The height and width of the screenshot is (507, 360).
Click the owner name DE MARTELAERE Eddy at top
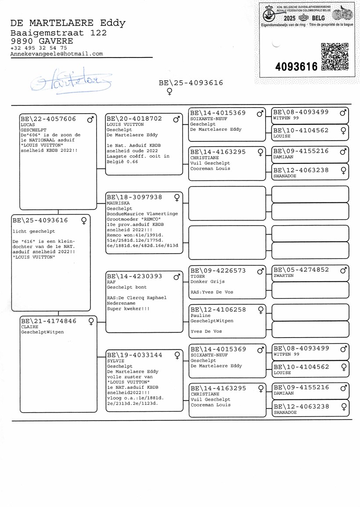point(68,23)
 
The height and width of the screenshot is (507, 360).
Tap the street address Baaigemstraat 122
point(58,33)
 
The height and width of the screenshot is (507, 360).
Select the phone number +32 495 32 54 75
point(39,48)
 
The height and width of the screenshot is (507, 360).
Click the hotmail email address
point(57,54)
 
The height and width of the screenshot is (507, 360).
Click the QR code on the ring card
point(335,56)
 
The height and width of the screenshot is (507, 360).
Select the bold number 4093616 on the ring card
point(296,67)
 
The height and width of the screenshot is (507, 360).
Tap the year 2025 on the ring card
point(289,18)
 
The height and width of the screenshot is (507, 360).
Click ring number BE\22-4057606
point(48,119)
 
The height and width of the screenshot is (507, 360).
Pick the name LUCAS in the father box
point(28,125)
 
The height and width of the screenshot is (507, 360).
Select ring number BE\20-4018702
point(134,119)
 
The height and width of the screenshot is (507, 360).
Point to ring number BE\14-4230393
point(134,276)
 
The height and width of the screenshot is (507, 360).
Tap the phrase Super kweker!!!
point(128,309)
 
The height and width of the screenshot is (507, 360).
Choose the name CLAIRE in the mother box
point(29,327)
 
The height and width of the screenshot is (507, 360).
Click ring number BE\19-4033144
point(134,354)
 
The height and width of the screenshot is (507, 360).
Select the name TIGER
point(198,277)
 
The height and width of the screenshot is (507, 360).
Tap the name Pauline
point(200,316)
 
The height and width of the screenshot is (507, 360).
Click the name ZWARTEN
point(283,276)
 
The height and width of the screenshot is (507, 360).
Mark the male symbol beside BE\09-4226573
point(260,271)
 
